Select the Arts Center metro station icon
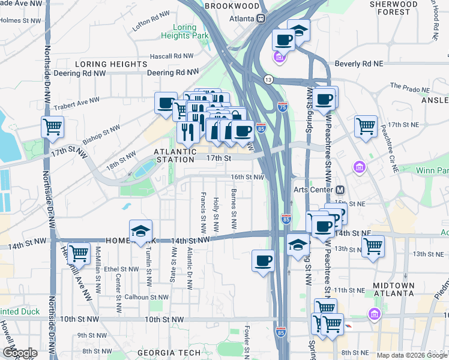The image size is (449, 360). click(340, 190)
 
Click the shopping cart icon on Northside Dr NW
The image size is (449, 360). click(53, 127)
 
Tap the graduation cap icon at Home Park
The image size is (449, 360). click(140, 231)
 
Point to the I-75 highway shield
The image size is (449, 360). click(283, 107)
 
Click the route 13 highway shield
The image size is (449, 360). click(268, 79)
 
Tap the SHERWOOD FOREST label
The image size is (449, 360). click(394, 8)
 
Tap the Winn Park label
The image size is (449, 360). click(436, 171)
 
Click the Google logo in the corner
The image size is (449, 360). click(19, 353)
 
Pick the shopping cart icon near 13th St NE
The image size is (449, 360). click(373, 245)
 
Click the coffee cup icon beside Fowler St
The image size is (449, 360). click(263, 260)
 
